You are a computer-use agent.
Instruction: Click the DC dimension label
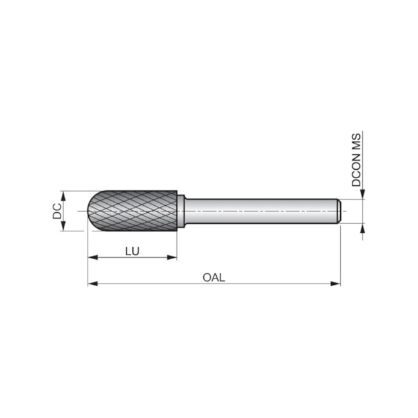57,210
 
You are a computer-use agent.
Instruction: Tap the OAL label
214,277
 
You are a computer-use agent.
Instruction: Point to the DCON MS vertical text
356,159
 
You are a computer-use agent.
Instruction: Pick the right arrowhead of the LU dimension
172,257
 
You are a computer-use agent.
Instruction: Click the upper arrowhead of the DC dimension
64,195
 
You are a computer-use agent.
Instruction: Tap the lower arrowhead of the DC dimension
64,226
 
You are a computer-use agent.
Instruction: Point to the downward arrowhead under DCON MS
363,194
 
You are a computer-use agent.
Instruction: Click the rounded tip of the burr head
90,211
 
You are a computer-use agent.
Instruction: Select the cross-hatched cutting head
135,211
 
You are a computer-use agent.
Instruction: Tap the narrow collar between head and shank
181,211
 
